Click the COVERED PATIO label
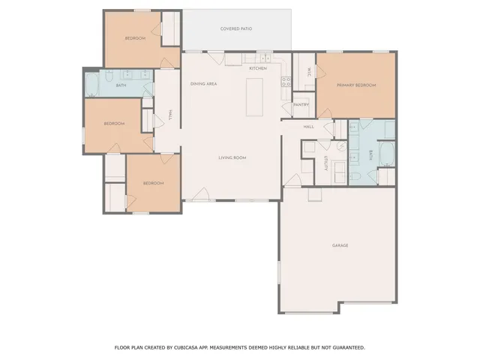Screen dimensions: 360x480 click(235, 29)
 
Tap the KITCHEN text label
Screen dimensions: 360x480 click(257, 68)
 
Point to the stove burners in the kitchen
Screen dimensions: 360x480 click(286, 82)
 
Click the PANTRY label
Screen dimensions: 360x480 click(301, 104)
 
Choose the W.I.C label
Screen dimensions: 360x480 click(309, 73)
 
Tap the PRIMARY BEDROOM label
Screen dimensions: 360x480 click(355, 85)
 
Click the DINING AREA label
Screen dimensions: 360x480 click(203, 84)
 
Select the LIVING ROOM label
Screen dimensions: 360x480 click(232, 157)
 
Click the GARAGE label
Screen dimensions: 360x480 click(340, 245)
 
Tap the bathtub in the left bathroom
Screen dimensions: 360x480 click(92, 85)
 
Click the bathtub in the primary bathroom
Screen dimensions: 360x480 click(388, 155)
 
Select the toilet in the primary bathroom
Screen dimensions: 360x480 click(357, 175)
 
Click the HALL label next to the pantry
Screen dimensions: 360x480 click(308, 127)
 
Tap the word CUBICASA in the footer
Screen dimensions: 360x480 click(190, 347)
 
